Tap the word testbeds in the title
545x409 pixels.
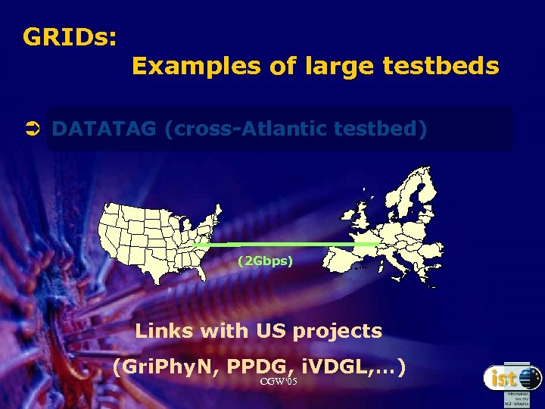(x=441, y=67)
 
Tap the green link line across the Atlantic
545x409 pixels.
(x=288, y=245)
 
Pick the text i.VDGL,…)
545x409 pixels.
(x=354, y=368)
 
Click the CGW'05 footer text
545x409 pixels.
(x=278, y=382)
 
